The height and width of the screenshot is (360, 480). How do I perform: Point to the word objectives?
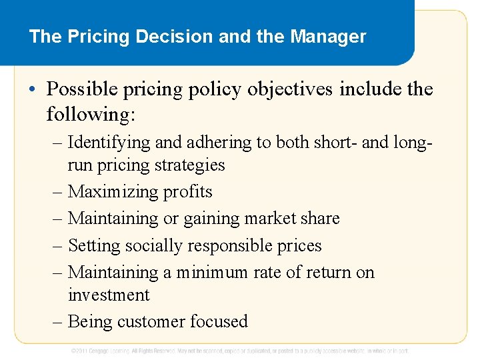point(289,89)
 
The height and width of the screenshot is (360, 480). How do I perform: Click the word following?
point(91,114)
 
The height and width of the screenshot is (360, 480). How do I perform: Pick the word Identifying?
point(109,142)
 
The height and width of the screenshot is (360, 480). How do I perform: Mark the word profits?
point(187,192)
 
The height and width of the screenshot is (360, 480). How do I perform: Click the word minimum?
point(211,272)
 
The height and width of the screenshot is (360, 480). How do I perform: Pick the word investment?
point(109,295)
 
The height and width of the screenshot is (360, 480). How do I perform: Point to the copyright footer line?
point(240,350)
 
